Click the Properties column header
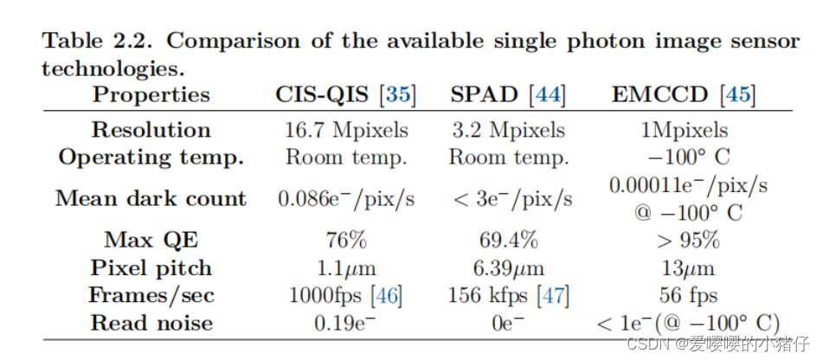click(x=151, y=94)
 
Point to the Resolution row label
click(x=151, y=130)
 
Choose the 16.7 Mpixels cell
click(x=346, y=130)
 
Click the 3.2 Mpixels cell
click(x=508, y=130)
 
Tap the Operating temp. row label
click(x=151, y=157)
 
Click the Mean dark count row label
click(x=151, y=198)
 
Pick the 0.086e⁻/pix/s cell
click(x=346, y=198)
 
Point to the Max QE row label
click(x=151, y=240)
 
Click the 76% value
click(x=346, y=240)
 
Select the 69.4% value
click(x=508, y=240)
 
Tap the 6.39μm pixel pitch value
click(x=508, y=267)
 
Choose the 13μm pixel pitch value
click(x=689, y=267)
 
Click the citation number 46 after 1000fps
click(x=386, y=295)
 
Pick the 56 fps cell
click(x=689, y=295)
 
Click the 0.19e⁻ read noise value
click(x=346, y=323)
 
